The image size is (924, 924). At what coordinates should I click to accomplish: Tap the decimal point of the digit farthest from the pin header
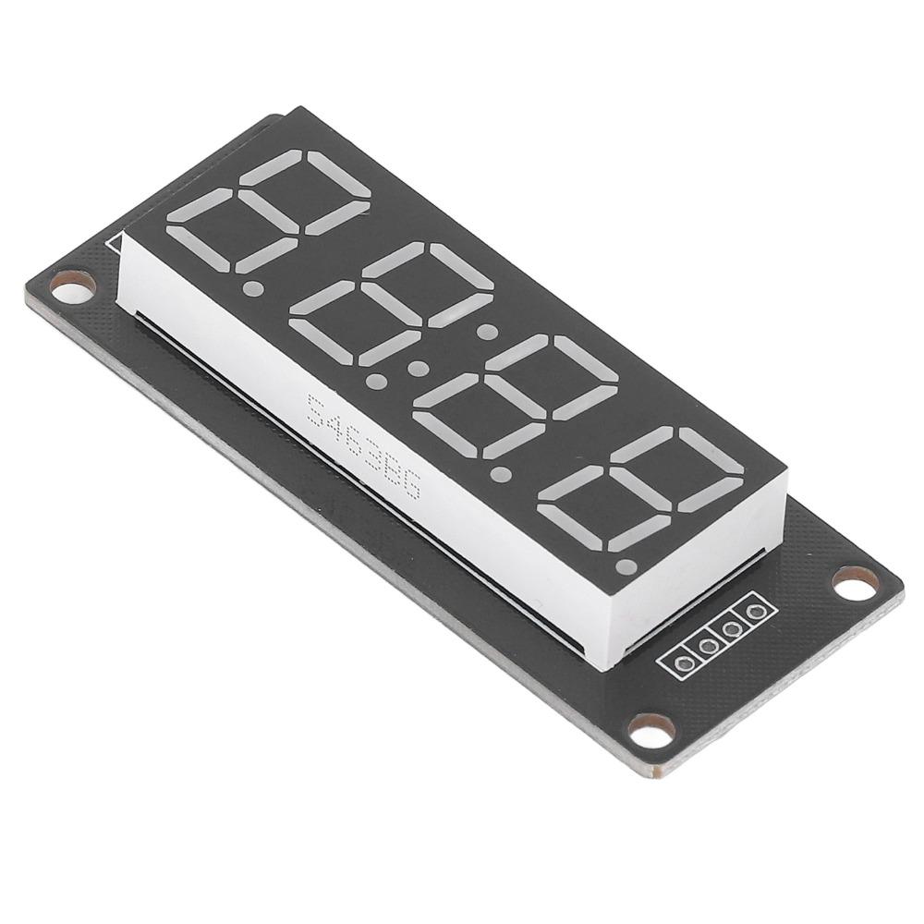250,289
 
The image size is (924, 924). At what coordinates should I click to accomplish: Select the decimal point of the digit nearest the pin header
628,565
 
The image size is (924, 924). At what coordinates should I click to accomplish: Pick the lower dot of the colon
420,370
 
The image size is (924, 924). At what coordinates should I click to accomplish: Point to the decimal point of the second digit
376,380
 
